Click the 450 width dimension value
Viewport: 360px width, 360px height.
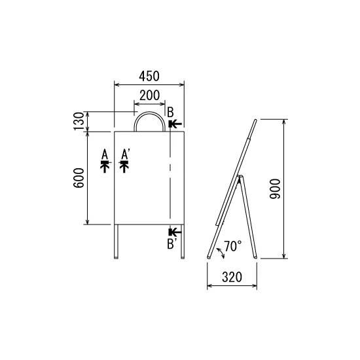(149, 76)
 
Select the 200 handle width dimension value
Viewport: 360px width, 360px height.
(149, 96)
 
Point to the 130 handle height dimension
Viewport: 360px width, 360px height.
(79, 121)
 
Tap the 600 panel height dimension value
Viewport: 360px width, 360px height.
(79, 178)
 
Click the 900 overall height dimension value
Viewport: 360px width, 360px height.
(275, 189)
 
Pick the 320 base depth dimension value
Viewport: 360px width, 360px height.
(232, 277)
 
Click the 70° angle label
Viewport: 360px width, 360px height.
(233, 246)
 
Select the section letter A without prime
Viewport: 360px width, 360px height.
(105, 154)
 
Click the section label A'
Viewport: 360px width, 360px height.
(126, 154)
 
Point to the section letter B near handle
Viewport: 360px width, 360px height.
(170, 113)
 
